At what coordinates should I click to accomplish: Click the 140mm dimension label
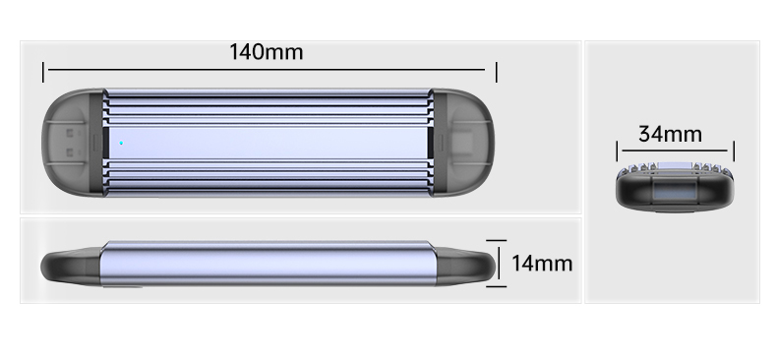(x=267, y=52)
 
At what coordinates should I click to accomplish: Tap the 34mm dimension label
(x=670, y=134)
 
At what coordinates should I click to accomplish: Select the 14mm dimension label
(x=542, y=264)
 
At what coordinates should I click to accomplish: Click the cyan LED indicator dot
(x=121, y=143)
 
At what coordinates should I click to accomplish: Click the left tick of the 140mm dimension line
(x=43, y=73)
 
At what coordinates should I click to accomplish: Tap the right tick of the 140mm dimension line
(x=496, y=73)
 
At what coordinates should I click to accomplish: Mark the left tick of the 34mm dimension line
(x=617, y=150)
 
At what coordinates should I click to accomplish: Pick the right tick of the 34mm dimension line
(x=734, y=150)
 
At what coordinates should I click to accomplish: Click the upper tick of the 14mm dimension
(x=496, y=241)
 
